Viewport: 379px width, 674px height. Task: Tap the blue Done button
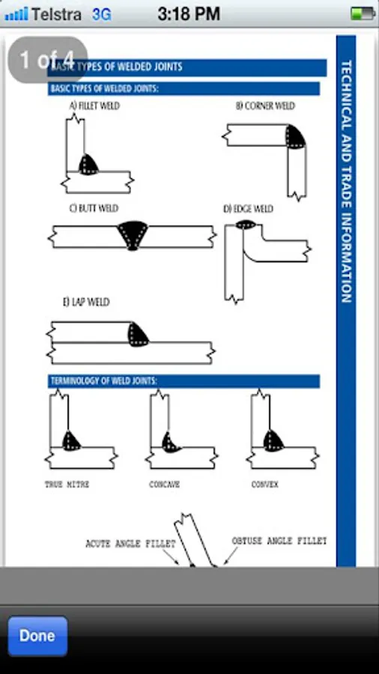[x=37, y=636]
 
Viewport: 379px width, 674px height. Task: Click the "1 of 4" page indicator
[x=47, y=59]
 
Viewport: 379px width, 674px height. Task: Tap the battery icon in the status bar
[x=363, y=13]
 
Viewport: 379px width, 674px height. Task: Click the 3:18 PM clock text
[x=189, y=14]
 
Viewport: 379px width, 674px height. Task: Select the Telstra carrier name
[x=56, y=14]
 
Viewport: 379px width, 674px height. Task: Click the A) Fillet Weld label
[x=94, y=106]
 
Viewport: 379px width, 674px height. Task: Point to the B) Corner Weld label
[x=265, y=106]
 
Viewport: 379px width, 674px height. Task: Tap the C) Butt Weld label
[x=94, y=208]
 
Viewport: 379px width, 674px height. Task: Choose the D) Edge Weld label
[x=248, y=209]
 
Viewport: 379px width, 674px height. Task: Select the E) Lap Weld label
[x=86, y=303]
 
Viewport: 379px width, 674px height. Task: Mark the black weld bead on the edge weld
[x=246, y=224]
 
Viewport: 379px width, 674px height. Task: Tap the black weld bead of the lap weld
[x=138, y=335]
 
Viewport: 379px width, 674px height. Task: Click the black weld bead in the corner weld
[x=295, y=137]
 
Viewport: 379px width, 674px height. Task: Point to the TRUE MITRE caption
[x=67, y=485]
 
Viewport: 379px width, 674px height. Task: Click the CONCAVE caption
[x=164, y=485]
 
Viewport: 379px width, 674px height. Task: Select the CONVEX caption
[x=264, y=485]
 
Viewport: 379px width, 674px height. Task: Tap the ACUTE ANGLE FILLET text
[x=130, y=544]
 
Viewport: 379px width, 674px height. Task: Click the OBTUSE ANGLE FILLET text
[x=279, y=541]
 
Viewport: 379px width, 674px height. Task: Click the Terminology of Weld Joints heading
[x=103, y=381]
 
